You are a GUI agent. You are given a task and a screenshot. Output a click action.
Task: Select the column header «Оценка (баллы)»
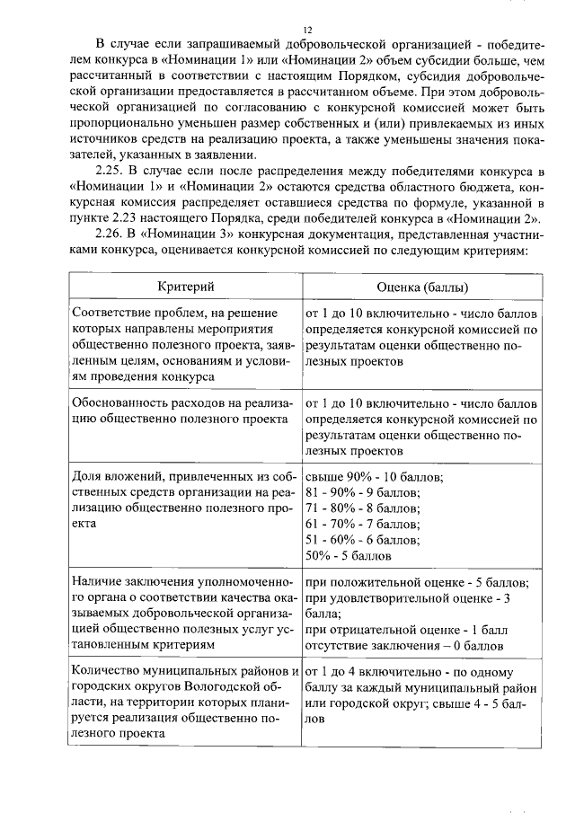coord(422,287)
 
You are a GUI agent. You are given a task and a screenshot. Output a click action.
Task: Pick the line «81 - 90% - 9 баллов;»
coord(363,492)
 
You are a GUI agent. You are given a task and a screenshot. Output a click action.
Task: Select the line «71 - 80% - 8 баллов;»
coord(363,508)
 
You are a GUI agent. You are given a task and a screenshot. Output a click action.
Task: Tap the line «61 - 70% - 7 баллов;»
coord(363,525)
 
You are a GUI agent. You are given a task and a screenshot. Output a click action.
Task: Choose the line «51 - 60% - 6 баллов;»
coord(363,541)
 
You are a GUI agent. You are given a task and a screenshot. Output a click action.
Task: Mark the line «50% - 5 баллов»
coord(349,557)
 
